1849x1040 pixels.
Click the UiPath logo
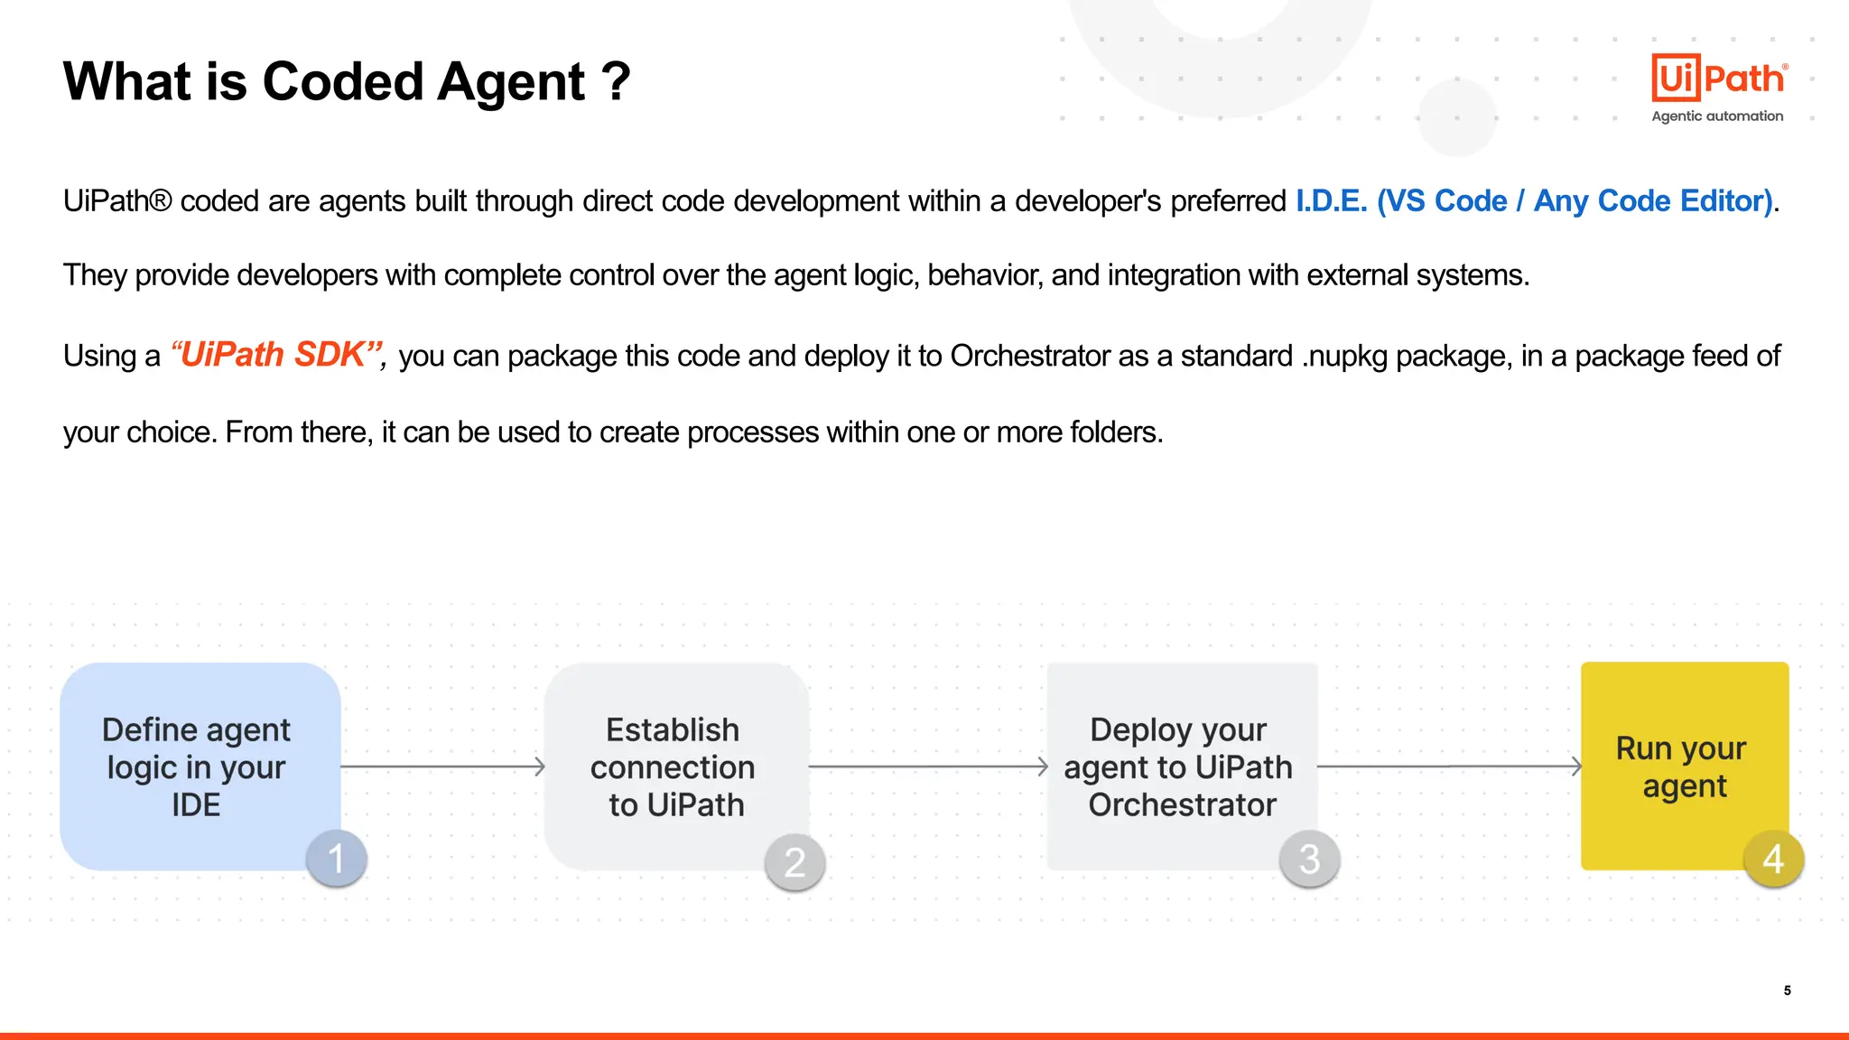(1718, 79)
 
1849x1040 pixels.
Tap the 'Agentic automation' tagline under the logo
(1717, 116)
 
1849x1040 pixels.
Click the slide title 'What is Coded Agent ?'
(347, 82)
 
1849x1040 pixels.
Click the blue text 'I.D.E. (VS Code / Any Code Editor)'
(1534, 200)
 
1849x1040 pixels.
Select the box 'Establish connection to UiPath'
(675, 766)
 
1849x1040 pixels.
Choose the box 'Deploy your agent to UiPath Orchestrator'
(1181, 766)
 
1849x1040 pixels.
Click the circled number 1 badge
(336, 859)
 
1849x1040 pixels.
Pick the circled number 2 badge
(794, 862)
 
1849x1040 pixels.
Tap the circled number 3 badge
(1309, 859)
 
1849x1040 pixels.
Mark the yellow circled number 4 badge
(1773, 859)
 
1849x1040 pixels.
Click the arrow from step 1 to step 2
(442, 766)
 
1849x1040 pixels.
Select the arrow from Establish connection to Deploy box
(928, 766)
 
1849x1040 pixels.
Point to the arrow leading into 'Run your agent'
(1449, 766)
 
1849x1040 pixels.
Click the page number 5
(1787, 990)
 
